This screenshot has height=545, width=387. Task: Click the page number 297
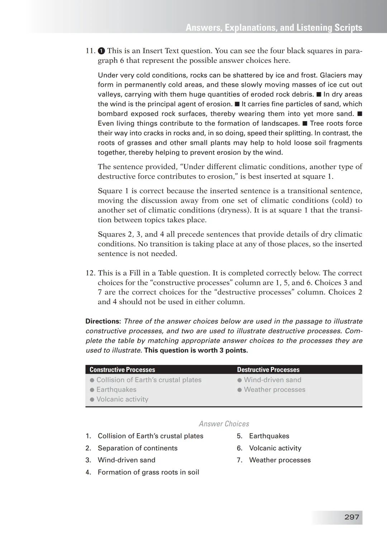(351, 517)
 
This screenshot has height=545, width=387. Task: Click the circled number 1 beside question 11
(101, 51)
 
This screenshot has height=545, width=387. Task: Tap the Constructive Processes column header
(122, 370)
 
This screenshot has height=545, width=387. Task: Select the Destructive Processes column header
(268, 370)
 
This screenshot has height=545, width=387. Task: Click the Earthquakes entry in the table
(116, 389)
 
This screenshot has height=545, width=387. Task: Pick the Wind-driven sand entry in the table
(272, 380)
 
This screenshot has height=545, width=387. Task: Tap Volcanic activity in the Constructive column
(122, 399)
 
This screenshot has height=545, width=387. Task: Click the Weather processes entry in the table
(274, 389)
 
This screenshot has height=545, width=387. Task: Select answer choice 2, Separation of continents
(137, 448)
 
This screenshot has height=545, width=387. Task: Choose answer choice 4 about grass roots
(148, 472)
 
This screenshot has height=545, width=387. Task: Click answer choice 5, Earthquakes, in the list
(269, 436)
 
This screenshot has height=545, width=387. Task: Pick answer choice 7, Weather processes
(279, 460)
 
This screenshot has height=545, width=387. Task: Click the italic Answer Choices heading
(224, 424)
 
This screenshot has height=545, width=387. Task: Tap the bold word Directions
(103, 321)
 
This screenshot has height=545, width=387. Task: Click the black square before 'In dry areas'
(319, 95)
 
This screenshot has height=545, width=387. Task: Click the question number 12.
(90, 273)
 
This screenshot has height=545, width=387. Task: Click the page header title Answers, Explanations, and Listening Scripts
(274, 28)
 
